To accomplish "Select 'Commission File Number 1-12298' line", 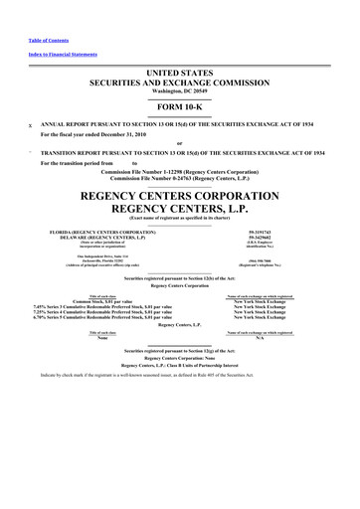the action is pyautogui.click(x=179, y=170).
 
